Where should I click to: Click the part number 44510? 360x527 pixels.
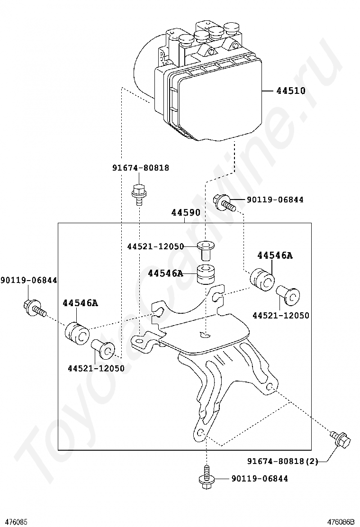[x=291, y=91]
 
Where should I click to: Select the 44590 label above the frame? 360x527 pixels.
[x=186, y=213]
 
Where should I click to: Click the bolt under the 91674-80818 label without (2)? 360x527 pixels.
[x=138, y=193]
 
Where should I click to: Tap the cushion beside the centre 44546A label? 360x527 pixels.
[x=207, y=275]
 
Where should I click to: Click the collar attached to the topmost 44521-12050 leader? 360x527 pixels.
[x=205, y=249]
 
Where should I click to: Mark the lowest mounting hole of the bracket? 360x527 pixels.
[x=200, y=432]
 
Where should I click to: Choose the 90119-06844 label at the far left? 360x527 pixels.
[x=28, y=281]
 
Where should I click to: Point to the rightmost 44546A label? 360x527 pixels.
[x=275, y=255]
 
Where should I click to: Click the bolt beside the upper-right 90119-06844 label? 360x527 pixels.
[x=224, y=202]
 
